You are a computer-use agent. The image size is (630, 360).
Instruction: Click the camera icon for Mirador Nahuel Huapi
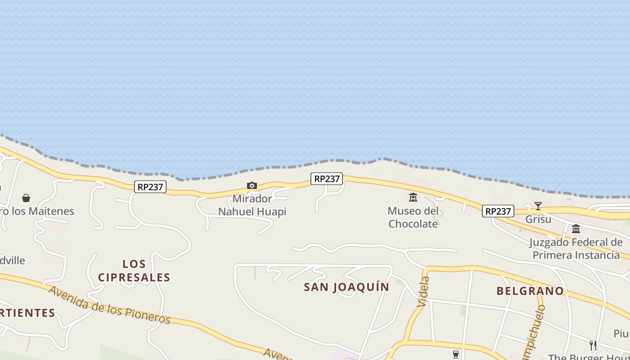252,185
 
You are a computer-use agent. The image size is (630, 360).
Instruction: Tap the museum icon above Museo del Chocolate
413,197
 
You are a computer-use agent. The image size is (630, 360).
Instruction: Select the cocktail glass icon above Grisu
538,206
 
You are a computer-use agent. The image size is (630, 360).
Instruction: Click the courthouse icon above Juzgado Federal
576,229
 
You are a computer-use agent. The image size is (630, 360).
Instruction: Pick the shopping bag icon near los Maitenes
26,198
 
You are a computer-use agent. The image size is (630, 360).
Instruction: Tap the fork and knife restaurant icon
593,345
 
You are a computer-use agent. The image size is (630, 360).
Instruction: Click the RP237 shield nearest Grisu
498,211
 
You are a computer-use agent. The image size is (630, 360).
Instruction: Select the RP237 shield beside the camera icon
327,179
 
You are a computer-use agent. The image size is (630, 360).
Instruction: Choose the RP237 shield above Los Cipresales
150,187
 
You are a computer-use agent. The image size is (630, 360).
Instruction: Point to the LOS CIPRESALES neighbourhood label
134,270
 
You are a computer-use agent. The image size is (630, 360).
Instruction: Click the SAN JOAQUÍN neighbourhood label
346,287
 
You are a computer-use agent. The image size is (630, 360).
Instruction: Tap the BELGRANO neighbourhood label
530,291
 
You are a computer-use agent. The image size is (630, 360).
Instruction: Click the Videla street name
423,292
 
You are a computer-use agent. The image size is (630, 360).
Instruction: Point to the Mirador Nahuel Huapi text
252,205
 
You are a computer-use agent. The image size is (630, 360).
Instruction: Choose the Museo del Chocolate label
413,217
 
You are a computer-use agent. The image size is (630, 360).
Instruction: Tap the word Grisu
538,220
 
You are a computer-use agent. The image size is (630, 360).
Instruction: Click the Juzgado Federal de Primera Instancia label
576,249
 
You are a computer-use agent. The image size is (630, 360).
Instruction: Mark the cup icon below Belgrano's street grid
456,354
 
